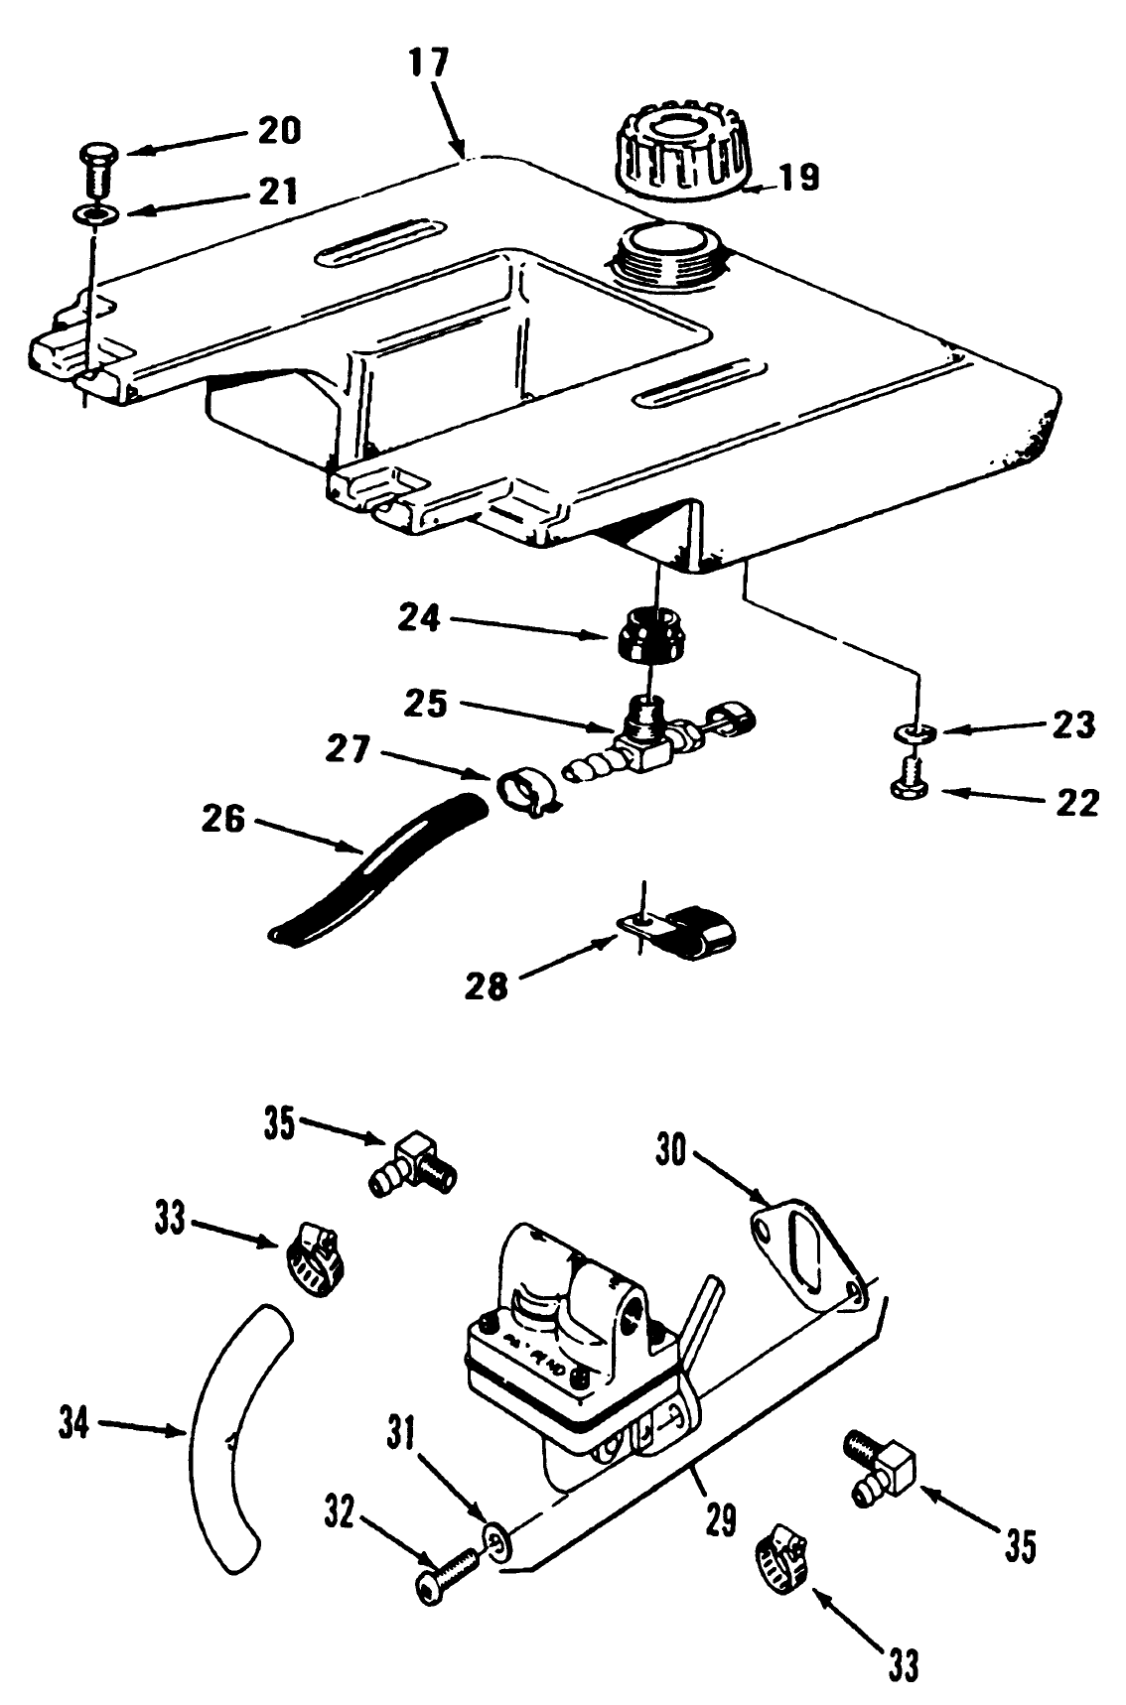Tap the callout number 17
coord(428,64)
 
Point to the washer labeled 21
coord(91,213)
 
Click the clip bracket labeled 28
coord(685,930)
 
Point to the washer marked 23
coord(918,733)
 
